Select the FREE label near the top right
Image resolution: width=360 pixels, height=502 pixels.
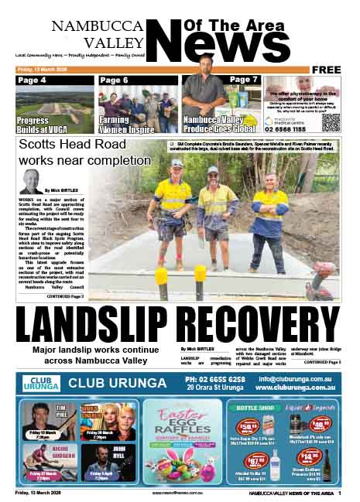click(x=327, y=70)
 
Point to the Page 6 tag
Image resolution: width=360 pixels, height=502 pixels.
click(x=114, y=80)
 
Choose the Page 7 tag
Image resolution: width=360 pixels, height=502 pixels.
click(x=243, y=80)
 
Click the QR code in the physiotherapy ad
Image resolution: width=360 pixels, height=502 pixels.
click(x=331, y=121)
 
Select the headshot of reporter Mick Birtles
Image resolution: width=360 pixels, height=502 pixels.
click(x=32, y=182)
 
